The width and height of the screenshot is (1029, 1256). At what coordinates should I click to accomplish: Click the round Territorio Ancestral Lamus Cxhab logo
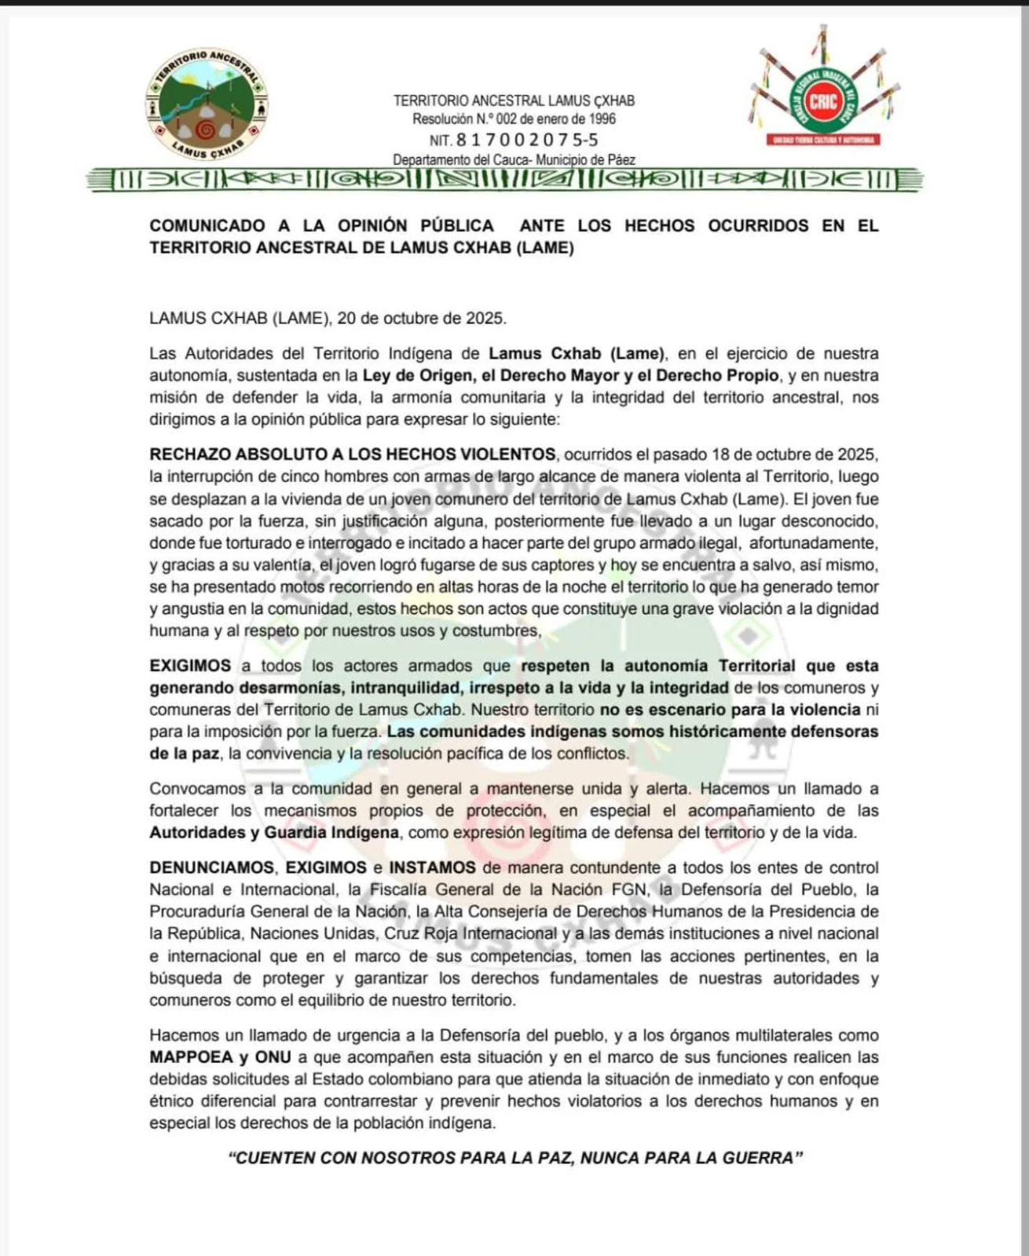click(205, 103)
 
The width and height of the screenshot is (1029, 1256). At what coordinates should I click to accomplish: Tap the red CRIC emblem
click(823, 100)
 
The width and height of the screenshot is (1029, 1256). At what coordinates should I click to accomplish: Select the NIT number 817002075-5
click(526, 140)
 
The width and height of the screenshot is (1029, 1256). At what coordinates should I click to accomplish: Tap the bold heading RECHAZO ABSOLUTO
click(251, 455)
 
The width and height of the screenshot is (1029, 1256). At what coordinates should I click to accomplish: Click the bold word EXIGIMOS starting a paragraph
click(190, 666)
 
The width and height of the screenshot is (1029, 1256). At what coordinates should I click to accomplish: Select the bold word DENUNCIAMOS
click(211, 867)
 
